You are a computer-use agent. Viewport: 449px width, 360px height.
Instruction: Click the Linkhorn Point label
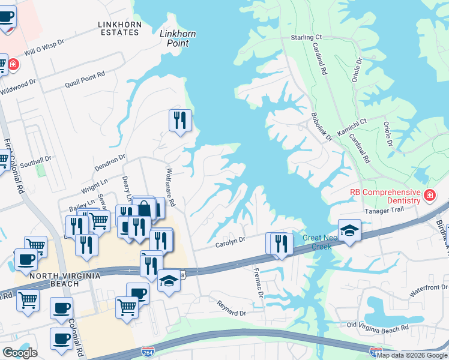click(178, 38)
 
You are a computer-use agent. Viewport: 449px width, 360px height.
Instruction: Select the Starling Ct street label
click(306, 37)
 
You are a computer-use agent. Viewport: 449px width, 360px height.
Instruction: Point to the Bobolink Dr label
click(321, 127)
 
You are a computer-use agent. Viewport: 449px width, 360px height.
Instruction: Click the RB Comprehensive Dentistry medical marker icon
click(429, 195)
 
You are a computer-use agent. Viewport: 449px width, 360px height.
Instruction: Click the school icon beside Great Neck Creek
click(349, 229)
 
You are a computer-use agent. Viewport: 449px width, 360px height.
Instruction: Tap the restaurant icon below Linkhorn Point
click(180, 121)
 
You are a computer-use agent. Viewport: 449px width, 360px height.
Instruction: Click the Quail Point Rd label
click(85, 79)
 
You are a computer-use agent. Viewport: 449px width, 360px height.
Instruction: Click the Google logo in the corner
click(20, 353)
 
